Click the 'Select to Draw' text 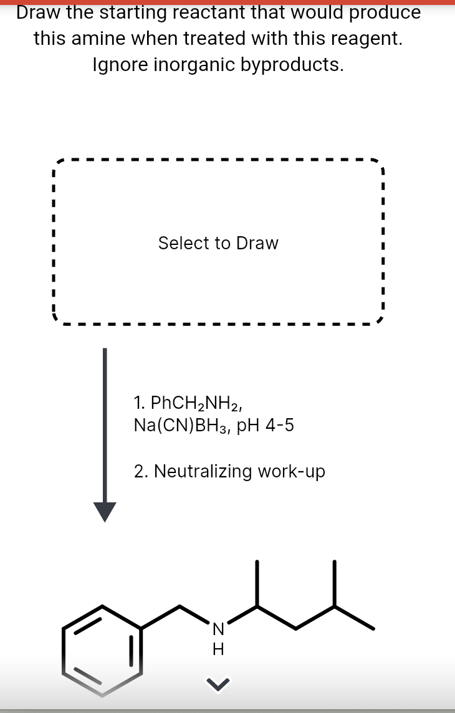coord(218,243)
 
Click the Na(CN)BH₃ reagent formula coord(183,426)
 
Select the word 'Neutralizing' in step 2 coord(203,471)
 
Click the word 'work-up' coord(292,472)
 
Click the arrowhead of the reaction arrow coord(105,510)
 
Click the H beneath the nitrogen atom coord(218,649)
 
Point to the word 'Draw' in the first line coord(40,12)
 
